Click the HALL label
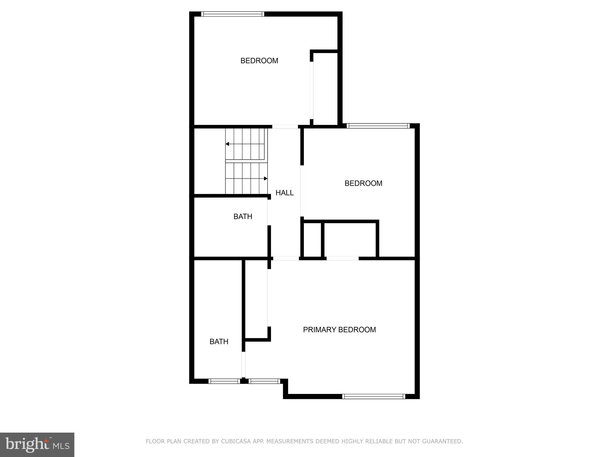click(x=285, y=193)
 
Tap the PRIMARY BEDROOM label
click(x=339, y=330)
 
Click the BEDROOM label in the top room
click(x=259, y=61)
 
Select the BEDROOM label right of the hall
click(x=363, y=183)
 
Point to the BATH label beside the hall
click(x=243, y=217)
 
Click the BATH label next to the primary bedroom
click(x=219, y=342)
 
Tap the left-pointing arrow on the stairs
click(x=227, y=144)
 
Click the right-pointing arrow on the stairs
click(x=265, y=179)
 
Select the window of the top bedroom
click(x=233, y=14)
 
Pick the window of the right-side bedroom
click(x=378, y=126)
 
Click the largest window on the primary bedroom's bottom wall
click(x=373, y=396)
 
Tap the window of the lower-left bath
click(x=224, y=381)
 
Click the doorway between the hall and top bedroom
click(x=285, y=127)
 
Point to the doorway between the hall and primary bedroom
click(x=286, y=258)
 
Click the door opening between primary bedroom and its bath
click(x=243, y=364)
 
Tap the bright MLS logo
click(x=37, y=445)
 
